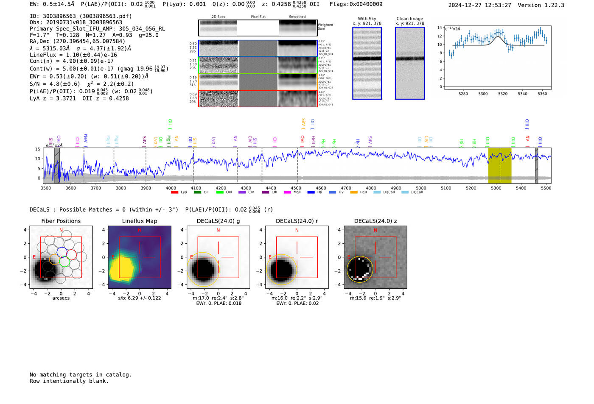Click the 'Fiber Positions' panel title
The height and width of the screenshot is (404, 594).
[61, 221]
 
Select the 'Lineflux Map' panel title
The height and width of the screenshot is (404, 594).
[140, 221]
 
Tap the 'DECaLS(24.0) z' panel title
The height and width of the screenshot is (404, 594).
[375, 221]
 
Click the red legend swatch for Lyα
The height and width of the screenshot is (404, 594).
[174, 192]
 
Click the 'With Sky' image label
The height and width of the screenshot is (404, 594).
[367, 19]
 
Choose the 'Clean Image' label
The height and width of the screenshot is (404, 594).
[410, 19]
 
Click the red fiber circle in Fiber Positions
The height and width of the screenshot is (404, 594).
[71, 254]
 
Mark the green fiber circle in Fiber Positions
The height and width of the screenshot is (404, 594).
[64, 262]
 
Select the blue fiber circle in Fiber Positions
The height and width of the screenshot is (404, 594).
[62, 251]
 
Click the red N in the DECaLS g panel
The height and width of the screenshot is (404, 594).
[218, 230]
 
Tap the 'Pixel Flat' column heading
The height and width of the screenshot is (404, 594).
[258, 17]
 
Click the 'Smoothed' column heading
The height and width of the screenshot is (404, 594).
[297, 17]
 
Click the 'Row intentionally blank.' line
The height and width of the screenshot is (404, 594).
[69, 381]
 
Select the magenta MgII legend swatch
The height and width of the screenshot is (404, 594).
[287, 192]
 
